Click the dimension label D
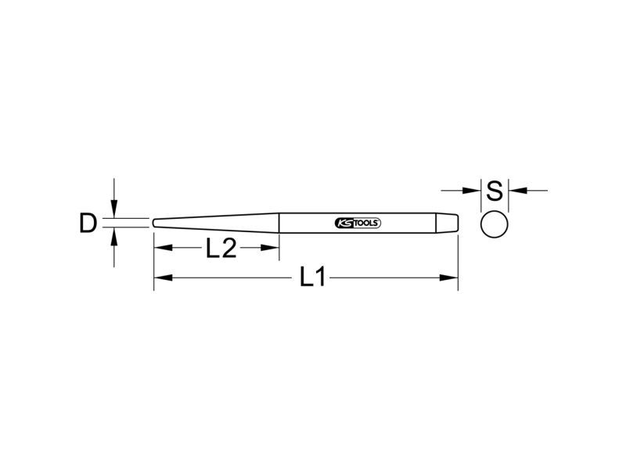point(88,224)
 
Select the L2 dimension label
point(221,248)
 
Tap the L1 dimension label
point(313,277)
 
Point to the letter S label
point(495,191)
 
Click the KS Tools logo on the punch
point(358,224)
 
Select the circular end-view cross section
point(495,224)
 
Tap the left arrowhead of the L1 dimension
point(163,277)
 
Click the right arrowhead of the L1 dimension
point(448,277)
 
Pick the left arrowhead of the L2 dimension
point(163,248)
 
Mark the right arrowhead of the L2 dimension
point(270,248)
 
